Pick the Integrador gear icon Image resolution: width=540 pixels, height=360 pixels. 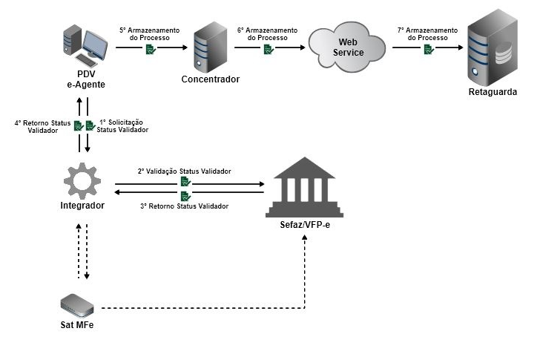click(81, 183)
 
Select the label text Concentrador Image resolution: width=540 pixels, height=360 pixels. click(211, 79)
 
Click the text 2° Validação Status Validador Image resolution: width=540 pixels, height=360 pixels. click(184, 171)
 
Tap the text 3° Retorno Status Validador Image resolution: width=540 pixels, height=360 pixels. click(184, 206)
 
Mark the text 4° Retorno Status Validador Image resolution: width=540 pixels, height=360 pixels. click(42, 125)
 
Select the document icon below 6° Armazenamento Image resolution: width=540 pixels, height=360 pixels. click(269, 49)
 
